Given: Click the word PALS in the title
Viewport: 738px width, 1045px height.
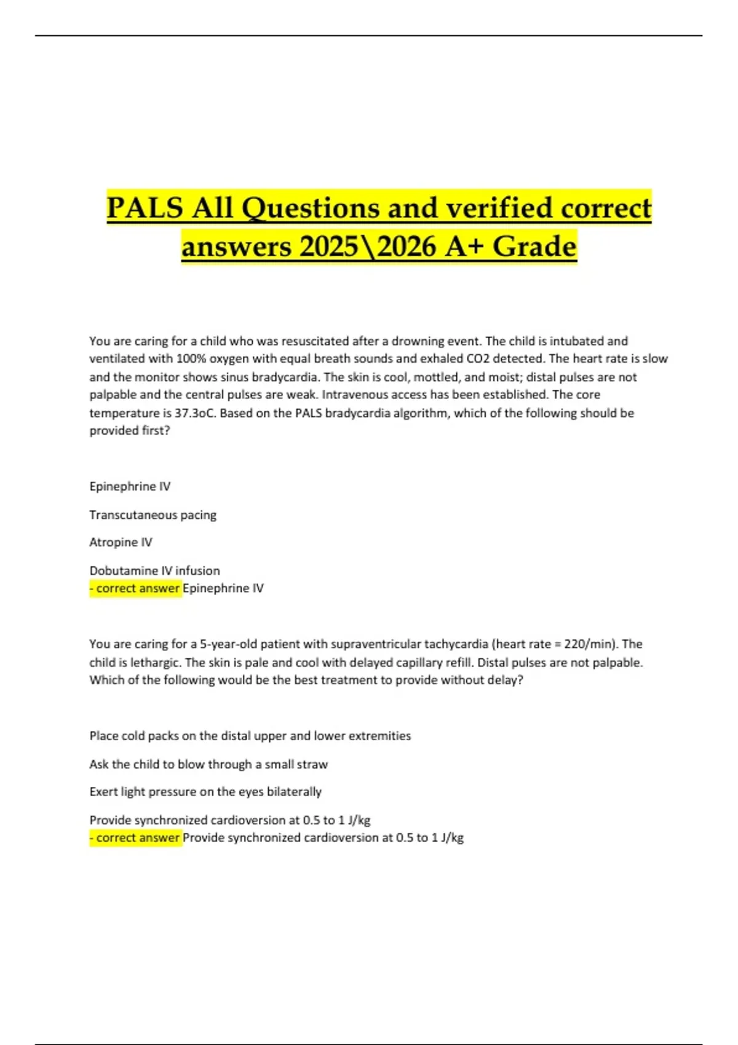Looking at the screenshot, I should pyautogui.click(x=145, y=208).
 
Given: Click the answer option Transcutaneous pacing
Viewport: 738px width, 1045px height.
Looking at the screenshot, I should pyautogui.click(x=153, y=515).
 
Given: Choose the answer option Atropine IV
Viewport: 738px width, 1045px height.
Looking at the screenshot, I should pyautogui.click(x=121, y=542).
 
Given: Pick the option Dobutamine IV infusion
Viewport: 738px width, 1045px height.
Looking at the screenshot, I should pyautogui.click(x=154, y=570).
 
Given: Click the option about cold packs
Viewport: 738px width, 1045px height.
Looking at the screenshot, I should pyautogui.click(x=250, y=736).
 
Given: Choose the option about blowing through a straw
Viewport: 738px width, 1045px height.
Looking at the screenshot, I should pyautogui.click(x=208, y=764).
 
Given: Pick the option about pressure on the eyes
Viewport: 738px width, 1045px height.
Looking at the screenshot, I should pyautogui.click(x=205, y=792).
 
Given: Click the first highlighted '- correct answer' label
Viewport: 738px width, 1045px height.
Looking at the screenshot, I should pyautogui.click(x=135, y=588).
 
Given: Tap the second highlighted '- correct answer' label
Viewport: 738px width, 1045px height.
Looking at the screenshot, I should pyautogui.click(x=135, y=838).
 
